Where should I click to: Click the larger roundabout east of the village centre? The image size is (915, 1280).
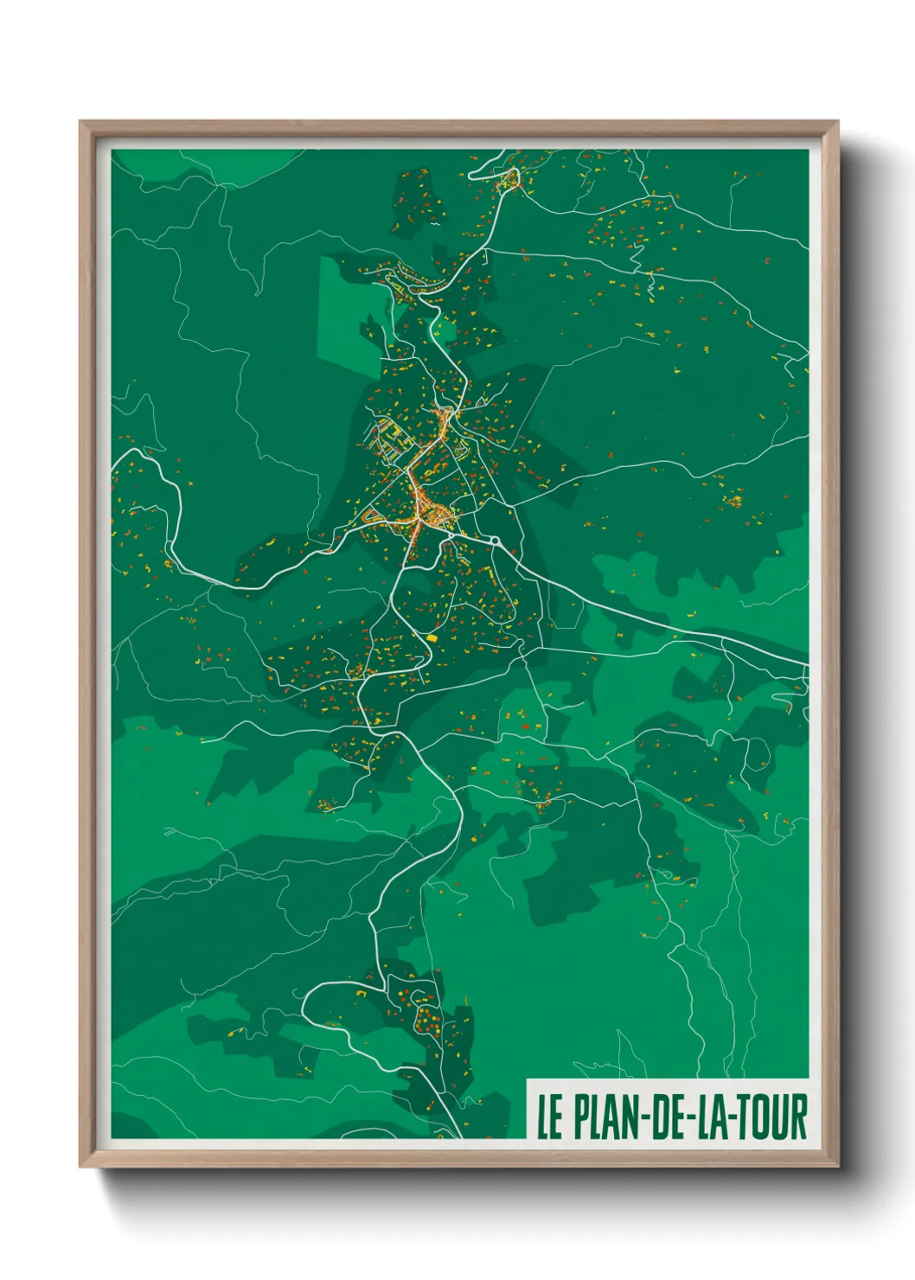(x=496, y=541)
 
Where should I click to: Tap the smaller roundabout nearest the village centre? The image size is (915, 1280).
(x=451, y=536)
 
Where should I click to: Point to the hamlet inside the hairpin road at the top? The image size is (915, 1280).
(x=509, y=180)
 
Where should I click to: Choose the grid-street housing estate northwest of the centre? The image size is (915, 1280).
(x=388, y=437)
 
